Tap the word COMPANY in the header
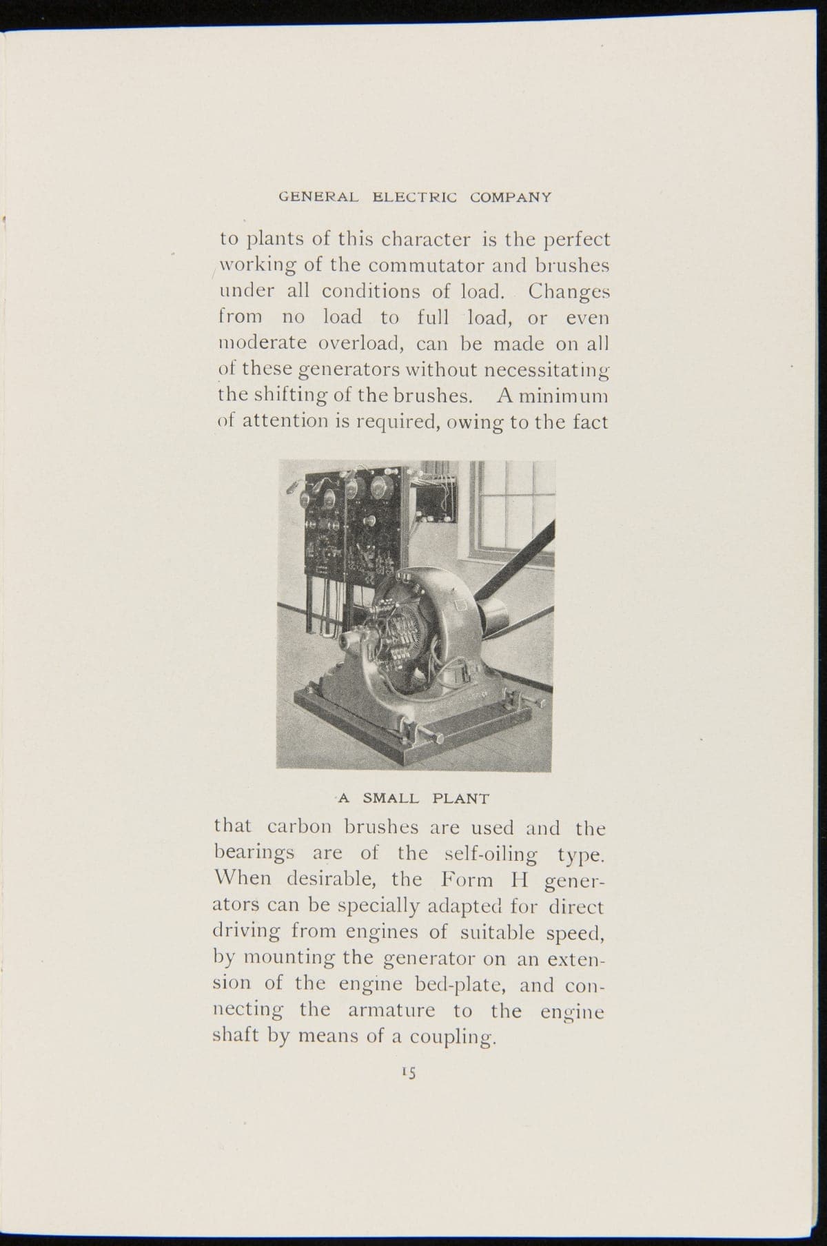pos(511,197)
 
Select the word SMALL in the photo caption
pos(391,799)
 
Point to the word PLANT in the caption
pos(461,799)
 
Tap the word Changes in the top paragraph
pos(569,292)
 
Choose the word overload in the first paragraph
pos(349,343)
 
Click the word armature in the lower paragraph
pos(391,1011)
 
